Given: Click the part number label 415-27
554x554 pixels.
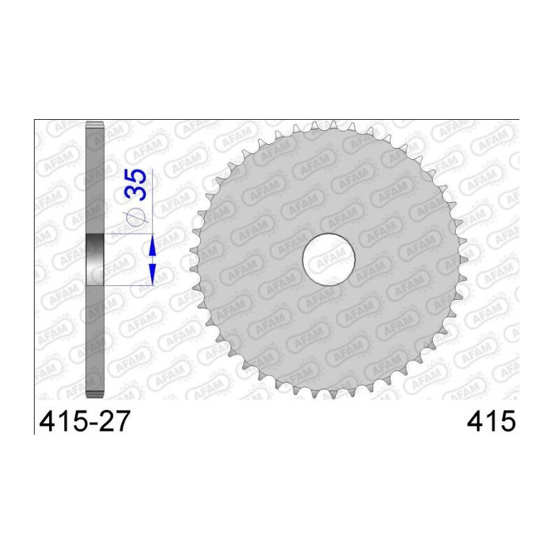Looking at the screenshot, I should [82, 422].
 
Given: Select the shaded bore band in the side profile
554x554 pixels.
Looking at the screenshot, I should [94, 260].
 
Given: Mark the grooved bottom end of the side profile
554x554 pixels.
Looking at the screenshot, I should [94, 394].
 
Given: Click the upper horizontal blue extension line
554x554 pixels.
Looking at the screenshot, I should [128, 234].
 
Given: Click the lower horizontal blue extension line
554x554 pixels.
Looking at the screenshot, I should [128, 285].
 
